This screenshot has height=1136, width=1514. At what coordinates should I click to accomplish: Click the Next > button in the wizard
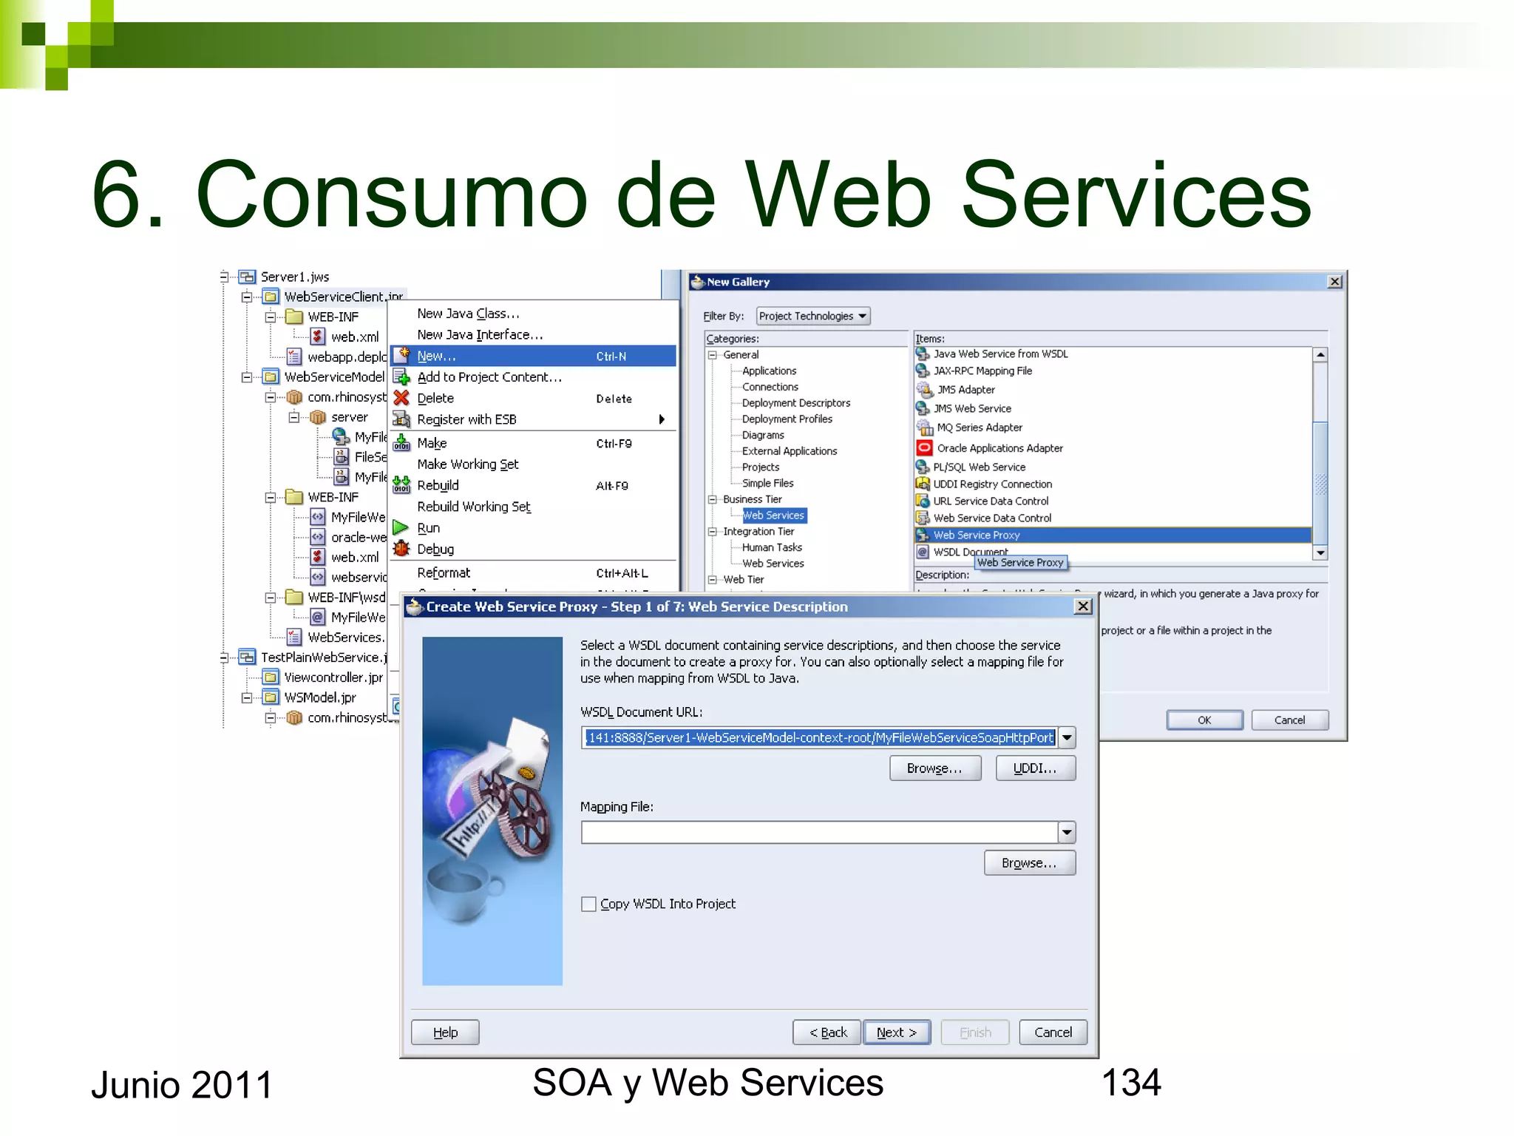(896, 1032)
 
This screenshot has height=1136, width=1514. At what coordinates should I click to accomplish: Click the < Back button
(827, 1032)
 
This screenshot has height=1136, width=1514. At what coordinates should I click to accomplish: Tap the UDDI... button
(1034, 768)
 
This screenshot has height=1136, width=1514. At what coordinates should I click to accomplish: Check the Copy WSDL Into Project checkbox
(588, 904)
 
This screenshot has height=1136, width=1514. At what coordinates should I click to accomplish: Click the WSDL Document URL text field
(819, 737)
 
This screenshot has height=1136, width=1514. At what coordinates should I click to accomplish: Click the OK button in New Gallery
(1204, 720)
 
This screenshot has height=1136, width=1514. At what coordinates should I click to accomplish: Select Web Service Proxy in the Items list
(976, 535)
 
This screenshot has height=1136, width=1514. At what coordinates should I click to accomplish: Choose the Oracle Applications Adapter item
(999, 448)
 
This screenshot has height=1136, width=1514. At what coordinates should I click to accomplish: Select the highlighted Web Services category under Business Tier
(773, 515)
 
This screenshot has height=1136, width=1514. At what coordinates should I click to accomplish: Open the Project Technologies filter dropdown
(812, 316)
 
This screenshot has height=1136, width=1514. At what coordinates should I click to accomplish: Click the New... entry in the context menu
(436, 356)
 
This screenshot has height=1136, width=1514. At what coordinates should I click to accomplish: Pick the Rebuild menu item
(438, 485)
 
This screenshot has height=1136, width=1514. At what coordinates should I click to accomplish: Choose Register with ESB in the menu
(466, 419)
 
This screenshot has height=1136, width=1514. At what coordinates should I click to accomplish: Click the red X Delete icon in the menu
(401, 398)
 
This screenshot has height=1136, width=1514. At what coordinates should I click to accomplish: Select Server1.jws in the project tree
(294, 277)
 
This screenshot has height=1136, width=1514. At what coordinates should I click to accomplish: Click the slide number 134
(1130, 1083)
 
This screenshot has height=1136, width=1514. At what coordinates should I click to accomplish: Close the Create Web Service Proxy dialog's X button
(1082, 606)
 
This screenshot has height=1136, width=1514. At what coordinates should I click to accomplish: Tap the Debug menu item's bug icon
(401, 549)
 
